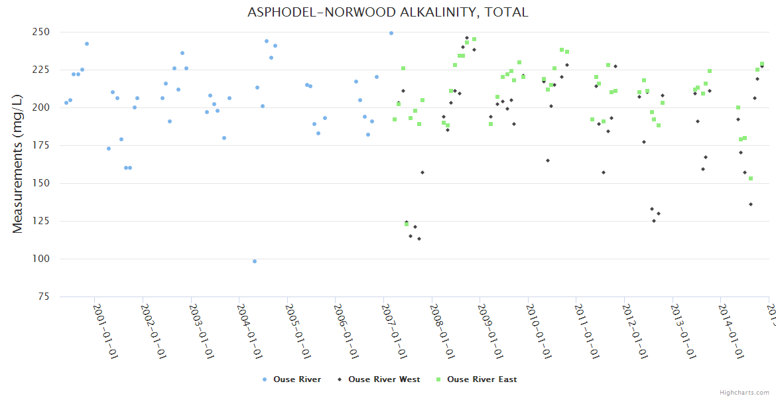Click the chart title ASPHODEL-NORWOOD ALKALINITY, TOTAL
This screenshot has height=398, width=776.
pyautogui.click(x=387, y=13)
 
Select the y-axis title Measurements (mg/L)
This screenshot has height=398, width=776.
pyautogui.click(x=18, y=164)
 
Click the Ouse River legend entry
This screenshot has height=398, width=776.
pyautogui.click(x=292, y=379)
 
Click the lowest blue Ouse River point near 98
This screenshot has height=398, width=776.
pyautogui.click(x=255, y=261)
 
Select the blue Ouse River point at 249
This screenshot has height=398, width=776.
pyautogui.click(x=391, y=33)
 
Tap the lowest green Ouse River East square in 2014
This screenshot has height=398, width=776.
pyautogui.click(x=751, y=178)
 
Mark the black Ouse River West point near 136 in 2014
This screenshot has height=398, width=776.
pyautogui.click(x=751, y=204)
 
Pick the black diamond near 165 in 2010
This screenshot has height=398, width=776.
pyautogui.click(x=548, y=161)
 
